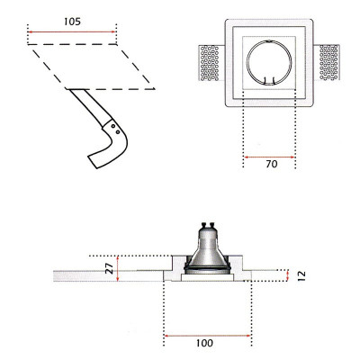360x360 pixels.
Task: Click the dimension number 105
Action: (72, 21)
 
